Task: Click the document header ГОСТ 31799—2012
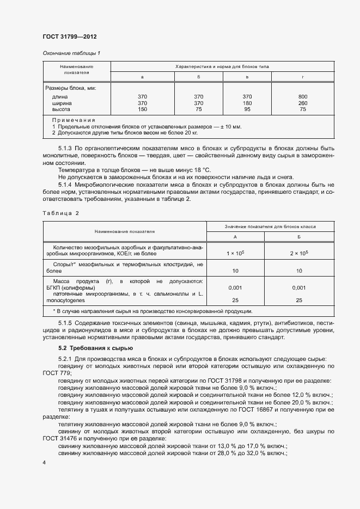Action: click(x=69, y=36)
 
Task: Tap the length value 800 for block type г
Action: click(x=303, y=97)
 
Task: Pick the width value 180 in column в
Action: click(x=247, y=103)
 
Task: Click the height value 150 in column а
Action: click(x=143, y=109)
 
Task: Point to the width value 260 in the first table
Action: click(x=303, y=103)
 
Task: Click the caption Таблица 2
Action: click(x=61, y=213)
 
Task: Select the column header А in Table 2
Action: click(x=235, y=237)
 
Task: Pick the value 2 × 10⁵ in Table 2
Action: click(x=299, y=254)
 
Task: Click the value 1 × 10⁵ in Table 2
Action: click(x=235, y=254)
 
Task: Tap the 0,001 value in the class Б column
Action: click(x=299, y=287)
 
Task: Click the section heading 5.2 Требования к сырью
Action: click(x=92, y=347)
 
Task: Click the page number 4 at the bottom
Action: click(x=44, y=462)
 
